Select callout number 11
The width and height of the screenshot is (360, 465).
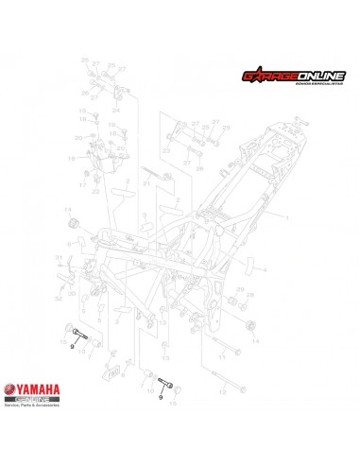[x=222, y=357]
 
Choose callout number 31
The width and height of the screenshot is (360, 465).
[x=59, y=257]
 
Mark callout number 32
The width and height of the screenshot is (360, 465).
[x=59, y=298]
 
